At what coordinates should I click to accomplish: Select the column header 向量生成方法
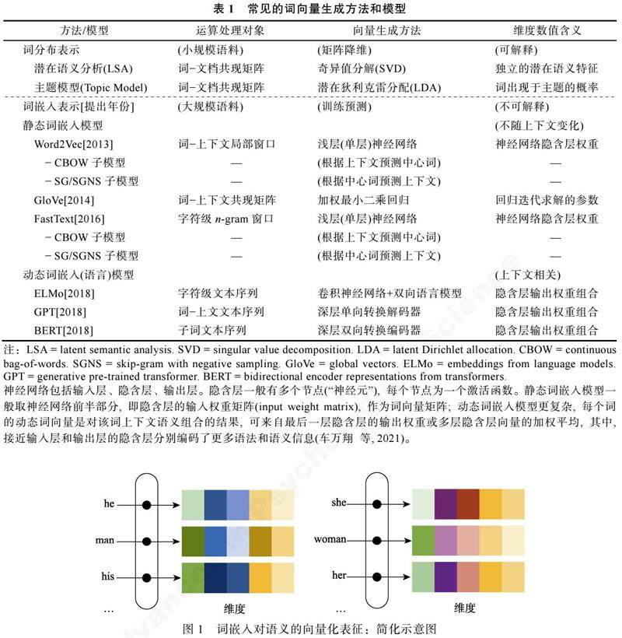[x=365, y=30]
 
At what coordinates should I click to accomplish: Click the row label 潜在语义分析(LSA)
[x=84, y=68]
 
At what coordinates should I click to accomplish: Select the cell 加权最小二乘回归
[x=352, y=200]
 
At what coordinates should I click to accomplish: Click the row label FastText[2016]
[x=69, y=219]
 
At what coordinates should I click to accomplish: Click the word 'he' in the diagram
[x=108, y=504]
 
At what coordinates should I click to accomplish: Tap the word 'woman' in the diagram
[x=330, y=539]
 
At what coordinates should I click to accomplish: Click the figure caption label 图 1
[x=191, y=627]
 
